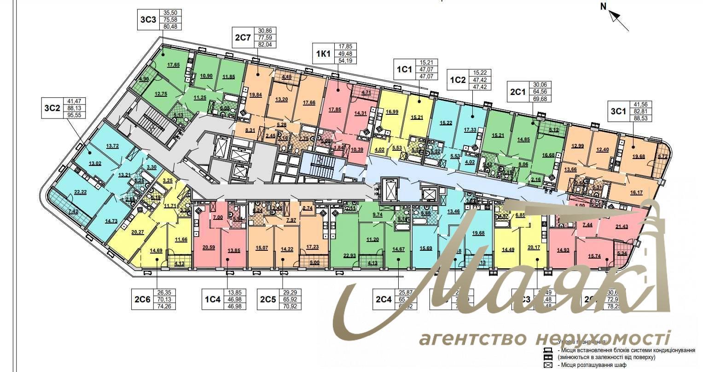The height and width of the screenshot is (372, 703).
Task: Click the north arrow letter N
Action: (x=604, y=6)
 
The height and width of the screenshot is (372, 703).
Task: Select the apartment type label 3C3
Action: (x=148, y=19)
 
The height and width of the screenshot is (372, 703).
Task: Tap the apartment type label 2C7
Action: (x=242, y=37)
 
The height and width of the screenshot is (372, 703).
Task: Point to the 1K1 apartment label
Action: (x=323, y=53)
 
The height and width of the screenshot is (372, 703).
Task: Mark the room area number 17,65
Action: (x=173, y=65)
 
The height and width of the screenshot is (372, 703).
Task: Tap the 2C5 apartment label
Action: (x=268, y=299)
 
